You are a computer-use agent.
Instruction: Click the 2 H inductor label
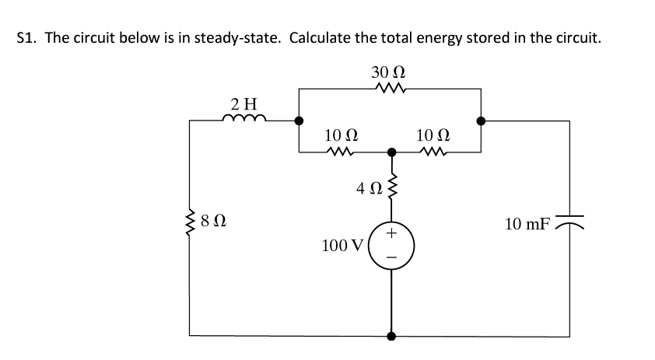click(x=244, y=103)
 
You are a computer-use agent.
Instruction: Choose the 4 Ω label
click(x=367, y=189)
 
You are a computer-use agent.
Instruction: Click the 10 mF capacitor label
click(x=527, y=225)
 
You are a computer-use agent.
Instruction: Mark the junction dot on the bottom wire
click(x=391, y=337)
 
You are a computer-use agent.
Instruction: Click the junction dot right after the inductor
click(x=299, y=121)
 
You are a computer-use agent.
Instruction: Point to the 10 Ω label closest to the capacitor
click(x=431, y=135)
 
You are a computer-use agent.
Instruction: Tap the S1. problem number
click(x=27, y=39)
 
